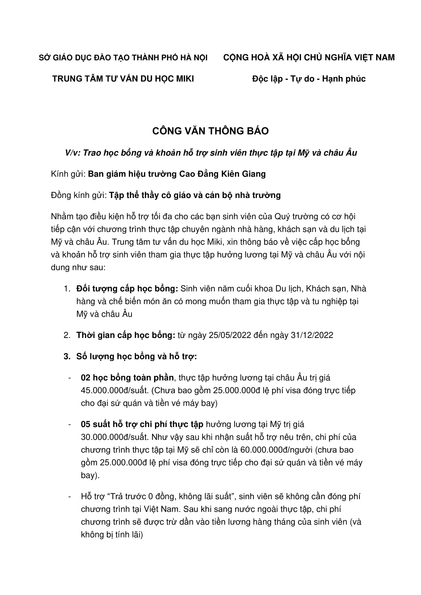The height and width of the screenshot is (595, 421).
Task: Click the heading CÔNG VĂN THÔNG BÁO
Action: pyautogui.click(x=210, y=131)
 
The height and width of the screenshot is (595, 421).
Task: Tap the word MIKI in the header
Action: pyautogui.click(x=185, y=79)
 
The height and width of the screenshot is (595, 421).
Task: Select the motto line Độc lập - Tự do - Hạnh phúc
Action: pyautogui.click(x=309, y=79)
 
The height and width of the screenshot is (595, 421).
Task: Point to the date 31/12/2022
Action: pyautogui.click(x=312, y=335)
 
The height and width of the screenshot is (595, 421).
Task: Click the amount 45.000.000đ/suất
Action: pyautogui.click(x=114, y=390)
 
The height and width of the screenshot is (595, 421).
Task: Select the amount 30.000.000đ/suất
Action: pyautogui.click(x=114, y=437)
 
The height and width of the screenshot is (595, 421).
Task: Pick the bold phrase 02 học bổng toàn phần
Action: pyautogui.click(x=127, y=378)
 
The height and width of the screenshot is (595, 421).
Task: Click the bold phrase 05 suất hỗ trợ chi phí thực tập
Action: pyautogui.click(x=142, y=424)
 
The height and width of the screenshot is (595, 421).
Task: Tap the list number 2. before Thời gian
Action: pyautogui.click(x=67, y=335)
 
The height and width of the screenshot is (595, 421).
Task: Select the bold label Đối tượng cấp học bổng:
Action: pyautogui.click(x=127, y=288)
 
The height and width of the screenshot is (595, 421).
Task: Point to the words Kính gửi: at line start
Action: pyautogui.click(x=68, y=174)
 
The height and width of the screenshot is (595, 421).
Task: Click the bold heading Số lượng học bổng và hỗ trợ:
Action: pyautogui.click(x=136, y=356)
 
